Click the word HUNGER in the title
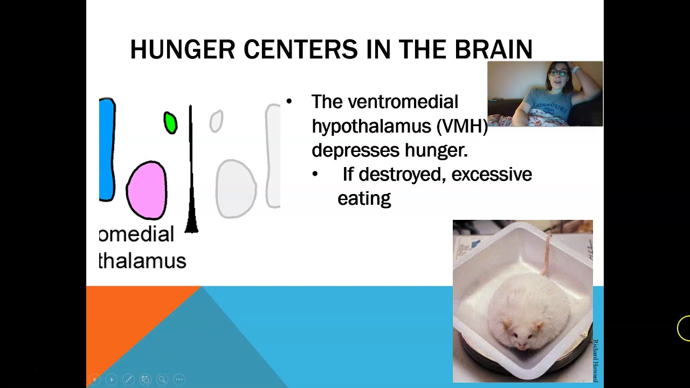pyautogui.click(x=183, y=50)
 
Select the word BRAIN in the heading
pyautogui.click(x=493, y=50)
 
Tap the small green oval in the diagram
pyautogui.click(x=170, y=123)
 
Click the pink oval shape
pyautogui.click(x=147, y=190)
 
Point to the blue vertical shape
pyautogui.click(x=107, y=149)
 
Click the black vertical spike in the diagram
pyautogui.click(x=191, y=178)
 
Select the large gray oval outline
pyautogui.click(x=236, y=189)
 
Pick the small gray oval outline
pyautogui.click(x=216, y=121)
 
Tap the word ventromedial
pyautogui.click(x=403, y=102)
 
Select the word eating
pyautogui.click(x=364, y=199)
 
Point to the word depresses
pyautogui.click(x=357, y=150)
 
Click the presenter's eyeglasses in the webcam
pyautogui.click(x=558, y=73)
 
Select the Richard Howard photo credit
pyautogui.click(x=595, y=361)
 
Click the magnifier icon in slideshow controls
pyautogui.click(x=162, y=379)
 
